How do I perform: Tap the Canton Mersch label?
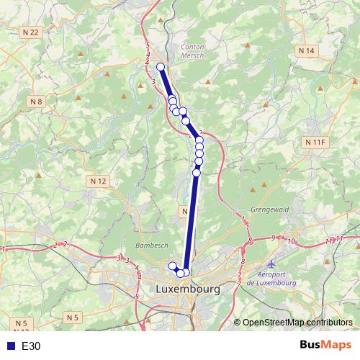(192, 48)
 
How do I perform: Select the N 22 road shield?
(30, 32)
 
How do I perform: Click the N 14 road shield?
(307, 51)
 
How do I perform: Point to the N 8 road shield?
(37, 102)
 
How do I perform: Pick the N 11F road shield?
(315, 143)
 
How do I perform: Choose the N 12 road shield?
(99, 180)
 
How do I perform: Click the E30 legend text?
(31, 346)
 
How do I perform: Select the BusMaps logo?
(325, 346)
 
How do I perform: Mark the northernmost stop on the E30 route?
(161, 67)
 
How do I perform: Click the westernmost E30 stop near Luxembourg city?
(172, 266)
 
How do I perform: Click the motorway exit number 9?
(274, 238)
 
